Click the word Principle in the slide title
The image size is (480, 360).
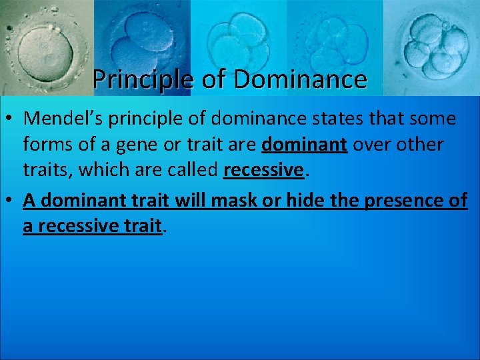143,79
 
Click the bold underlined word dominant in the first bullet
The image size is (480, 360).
305,144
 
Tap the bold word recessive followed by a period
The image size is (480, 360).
263,169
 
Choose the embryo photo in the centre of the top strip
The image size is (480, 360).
237,40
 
